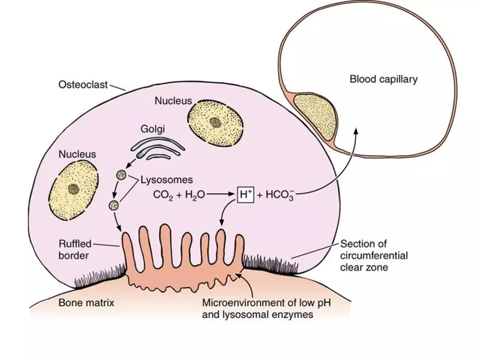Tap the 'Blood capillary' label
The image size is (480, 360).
pyautogui.click(x=383, y=80)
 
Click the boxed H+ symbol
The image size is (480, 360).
pyautogui.click(x=245, y=194)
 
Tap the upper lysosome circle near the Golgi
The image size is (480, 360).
pyautogui.click(x=121, y=176)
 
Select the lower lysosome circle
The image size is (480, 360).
pyautogui.click(x=114, y=205)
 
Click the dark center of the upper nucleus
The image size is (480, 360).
pyautogui.click(x=215, y=122)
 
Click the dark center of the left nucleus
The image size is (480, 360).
pyautogui.click(x=74, y=189)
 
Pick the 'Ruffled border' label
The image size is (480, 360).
pyautogui.click(x=75, y=249)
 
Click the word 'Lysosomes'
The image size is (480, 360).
pyautogui.click(x=166, y=179)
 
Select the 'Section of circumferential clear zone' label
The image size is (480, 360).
pyautogui.click(x=374, y=255)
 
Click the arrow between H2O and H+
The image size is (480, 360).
pyautogui.click(x=220, y=194)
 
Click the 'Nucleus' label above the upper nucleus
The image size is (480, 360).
pyautogui.click(x=173, y=101)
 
